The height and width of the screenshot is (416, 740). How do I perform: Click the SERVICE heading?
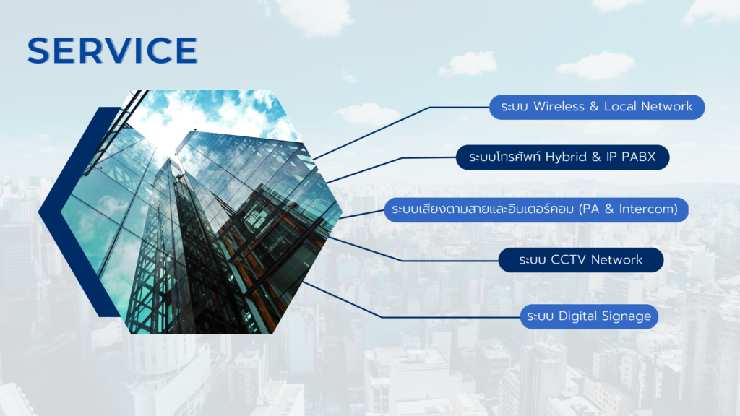click(x=112, y=50)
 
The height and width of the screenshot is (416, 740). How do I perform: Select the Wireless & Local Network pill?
click(x=597, y=107)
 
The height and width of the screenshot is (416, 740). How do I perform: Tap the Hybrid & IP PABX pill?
click(x=562, y=157)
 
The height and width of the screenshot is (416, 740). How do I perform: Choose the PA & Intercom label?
click(x=536, y=209)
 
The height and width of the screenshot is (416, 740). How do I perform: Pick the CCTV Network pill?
click(x=581, y=260)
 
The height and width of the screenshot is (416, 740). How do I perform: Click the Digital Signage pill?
click(x=589, y=316)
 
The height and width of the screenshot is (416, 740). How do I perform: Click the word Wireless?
click(x=559, y=107)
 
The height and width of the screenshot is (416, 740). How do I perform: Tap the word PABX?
click(x=639, y=157)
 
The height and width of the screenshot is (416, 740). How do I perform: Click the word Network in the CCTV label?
click(x=617, y=260)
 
